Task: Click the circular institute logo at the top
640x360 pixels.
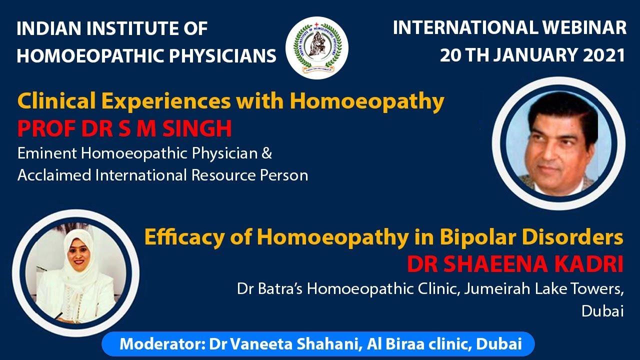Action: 316,48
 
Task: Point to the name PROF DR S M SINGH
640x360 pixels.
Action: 124,128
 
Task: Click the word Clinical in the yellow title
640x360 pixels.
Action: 53,102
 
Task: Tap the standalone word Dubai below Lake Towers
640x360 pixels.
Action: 602,311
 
